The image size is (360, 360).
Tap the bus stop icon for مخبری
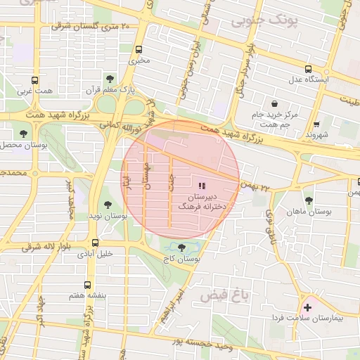point(139,50)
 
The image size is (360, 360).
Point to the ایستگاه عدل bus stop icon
point(309,69)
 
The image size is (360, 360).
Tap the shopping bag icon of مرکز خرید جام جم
point(274,103)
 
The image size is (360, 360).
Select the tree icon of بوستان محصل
point(24,133)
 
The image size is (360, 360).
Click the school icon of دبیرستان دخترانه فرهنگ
point(202,186)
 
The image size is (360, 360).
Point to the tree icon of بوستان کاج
point(183,247)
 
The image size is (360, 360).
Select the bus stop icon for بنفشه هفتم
point(87,285)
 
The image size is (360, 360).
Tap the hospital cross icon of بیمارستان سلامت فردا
point(307,307)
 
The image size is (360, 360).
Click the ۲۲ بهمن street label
point(255,188)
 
